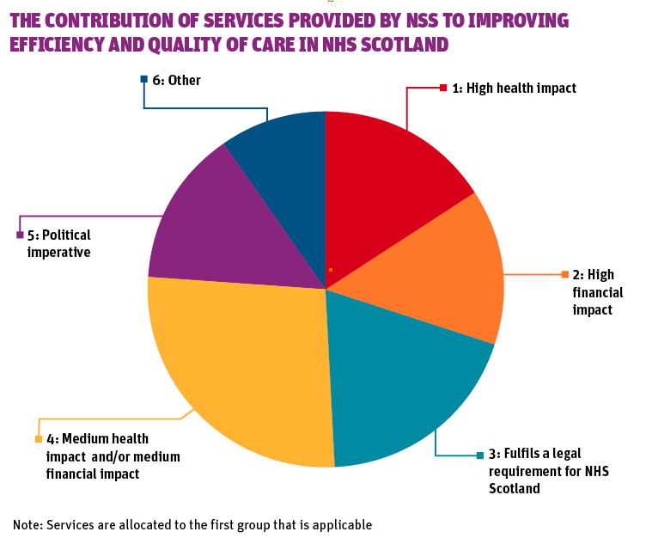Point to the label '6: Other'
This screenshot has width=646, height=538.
[176, 81]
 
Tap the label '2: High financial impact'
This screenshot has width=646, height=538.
[598, 292]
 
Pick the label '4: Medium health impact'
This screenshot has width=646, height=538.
[113, 455]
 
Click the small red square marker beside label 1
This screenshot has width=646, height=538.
[443, 88]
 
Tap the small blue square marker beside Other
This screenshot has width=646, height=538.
[144, 80]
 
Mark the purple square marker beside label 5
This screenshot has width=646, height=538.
[20, 235]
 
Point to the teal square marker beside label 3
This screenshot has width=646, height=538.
[480, 454]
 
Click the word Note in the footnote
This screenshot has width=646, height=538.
[27, 523]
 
